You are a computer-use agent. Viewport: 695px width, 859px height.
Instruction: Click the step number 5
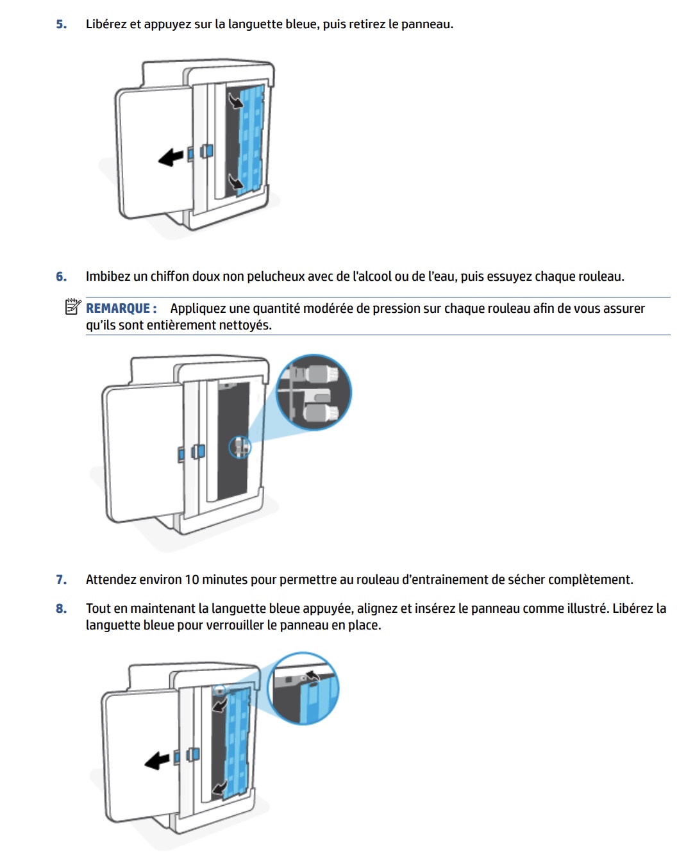pyautogui.click(x=61, y=24)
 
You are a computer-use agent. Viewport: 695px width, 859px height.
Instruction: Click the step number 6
pyautogui.click(x=61, y=276)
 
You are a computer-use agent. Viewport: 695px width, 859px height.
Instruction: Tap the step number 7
pyautogui.click(x=61, y=580)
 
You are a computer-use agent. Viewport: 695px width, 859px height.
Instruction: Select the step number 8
pyautogui.click(x=61, y=608)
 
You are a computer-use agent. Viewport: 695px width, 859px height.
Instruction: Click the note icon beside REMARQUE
pyautogui.click(x=72, y=307)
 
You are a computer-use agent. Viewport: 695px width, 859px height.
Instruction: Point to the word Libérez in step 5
pyautogui.click(x=106, y=24)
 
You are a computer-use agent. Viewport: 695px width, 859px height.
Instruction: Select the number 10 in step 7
pyautogui.click(x=192, y=580)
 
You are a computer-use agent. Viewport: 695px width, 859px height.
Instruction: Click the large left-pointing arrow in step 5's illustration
pyautogui.click(x=171, y=156)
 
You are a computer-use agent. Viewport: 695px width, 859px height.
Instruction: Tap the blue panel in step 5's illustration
pyautogui.click(x=252, y=135)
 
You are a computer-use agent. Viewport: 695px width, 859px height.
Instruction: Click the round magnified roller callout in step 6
pyautogui.click(x=314, y=392)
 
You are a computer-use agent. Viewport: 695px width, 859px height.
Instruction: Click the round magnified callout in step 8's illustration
pyautogui.click(x=303, y=689)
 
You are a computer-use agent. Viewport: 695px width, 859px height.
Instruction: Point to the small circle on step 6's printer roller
pyautogui.click(x=240, y=446)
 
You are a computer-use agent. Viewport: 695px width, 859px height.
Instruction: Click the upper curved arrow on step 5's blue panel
pyautogui.click(x=235, y=100)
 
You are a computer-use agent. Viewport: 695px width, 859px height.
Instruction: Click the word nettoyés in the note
pyautogui.click(x=246, y=325)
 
